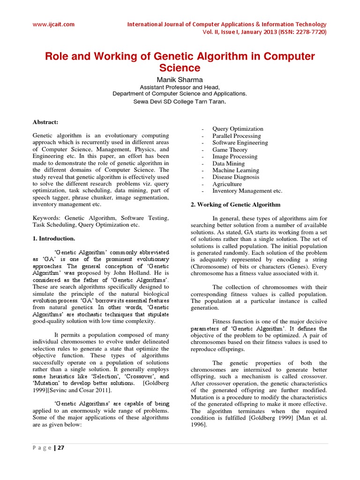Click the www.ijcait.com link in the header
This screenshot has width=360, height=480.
point(53,24)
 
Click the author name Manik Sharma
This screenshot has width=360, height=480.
point(180,79)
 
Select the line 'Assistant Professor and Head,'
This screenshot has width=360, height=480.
point(180,87)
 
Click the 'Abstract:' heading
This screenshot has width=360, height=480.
point(45,122)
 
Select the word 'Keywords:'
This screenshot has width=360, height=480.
point(46,218)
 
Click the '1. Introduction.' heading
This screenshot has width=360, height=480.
point(54,239)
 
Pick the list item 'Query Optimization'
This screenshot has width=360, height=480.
point(238,129)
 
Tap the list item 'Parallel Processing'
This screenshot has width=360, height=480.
point(236,136)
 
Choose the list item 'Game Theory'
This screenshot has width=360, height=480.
point(230,150)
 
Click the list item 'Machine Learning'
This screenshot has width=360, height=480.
point(235,170)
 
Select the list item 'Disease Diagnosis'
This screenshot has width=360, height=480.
point(236,177)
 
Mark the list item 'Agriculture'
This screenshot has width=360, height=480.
point(227,184)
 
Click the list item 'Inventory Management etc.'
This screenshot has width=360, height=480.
point(247,191)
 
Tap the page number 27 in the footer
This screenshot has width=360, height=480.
point(60,448)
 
